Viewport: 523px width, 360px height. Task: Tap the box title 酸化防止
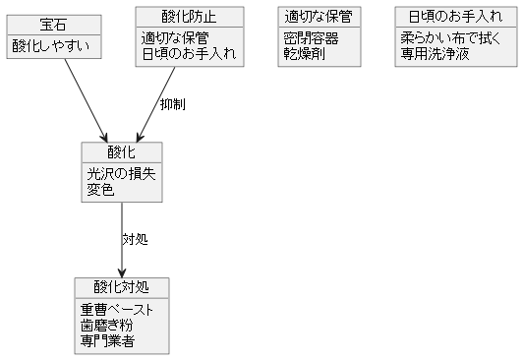pos(189,17)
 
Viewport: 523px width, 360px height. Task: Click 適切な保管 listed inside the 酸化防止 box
pos(175,37)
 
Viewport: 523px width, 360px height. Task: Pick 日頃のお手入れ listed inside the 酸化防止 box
pos(188,53)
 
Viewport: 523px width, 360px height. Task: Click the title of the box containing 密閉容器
pos(319,17)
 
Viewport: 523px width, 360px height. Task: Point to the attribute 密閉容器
pos(311,37)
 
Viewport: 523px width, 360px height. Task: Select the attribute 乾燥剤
pos(304,53)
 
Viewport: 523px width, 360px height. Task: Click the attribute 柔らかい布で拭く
pos(448,37)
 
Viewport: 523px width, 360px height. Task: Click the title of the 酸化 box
pos(121,152)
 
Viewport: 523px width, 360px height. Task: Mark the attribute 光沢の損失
pos(121,173)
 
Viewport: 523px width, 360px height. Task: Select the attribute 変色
pos(100,189)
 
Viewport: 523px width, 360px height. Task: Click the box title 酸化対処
pos(121,287)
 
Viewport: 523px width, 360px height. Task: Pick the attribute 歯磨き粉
pos(107,325)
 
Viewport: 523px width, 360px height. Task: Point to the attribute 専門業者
pos(107,340)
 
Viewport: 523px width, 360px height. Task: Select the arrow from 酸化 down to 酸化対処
pos(121,240)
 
